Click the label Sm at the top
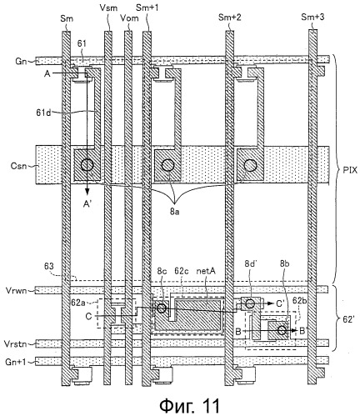(x=67, y=18)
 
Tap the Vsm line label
(x=108, y=8)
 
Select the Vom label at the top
(x=129, y=18)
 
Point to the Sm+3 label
(x=312, y=18)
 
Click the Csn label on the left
(x=18, y=166)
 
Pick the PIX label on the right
(x=350, y=170)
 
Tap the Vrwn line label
(x=16, y=290)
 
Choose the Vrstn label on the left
(x=15, y=344)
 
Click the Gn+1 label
(x=16, y=362)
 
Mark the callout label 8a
(x=174, y=213)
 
